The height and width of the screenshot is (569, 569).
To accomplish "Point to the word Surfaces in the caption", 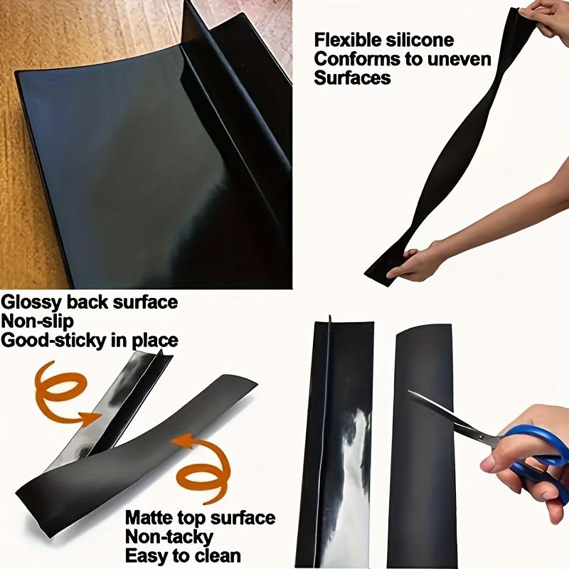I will [352, 78].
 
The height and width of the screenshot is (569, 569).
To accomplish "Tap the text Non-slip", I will [38, 321].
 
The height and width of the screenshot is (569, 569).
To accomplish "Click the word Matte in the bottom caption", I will [149, 518].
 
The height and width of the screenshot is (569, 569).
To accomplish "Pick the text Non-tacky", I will [169, 536].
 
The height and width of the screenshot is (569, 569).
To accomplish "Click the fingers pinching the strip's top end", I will [548, 18].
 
